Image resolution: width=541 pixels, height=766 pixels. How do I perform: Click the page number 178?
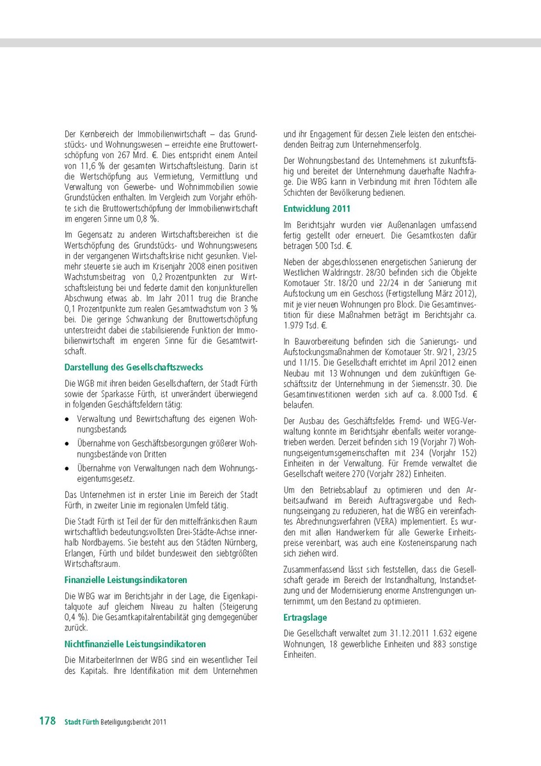click(x=47, y=721)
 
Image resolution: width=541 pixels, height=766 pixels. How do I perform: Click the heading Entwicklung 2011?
click(x=317, y=209)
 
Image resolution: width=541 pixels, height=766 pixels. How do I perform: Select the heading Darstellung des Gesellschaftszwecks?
click(x=134, y=367)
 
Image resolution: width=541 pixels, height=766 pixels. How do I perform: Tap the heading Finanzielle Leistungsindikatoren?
click(x=125, y=580)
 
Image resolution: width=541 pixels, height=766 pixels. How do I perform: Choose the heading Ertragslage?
click(x=305, y=618)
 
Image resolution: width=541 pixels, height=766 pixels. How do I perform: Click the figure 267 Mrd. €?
click(x=136, y=154)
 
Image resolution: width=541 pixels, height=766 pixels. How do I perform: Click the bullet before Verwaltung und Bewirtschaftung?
click(x=68, y=419)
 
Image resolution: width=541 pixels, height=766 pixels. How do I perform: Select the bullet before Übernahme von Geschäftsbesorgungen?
click(x=68, y=443)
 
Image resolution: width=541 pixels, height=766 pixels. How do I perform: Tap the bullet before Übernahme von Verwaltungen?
click(x=68, y=468)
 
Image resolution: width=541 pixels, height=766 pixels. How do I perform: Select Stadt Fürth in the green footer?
click(x=81, y=722)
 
